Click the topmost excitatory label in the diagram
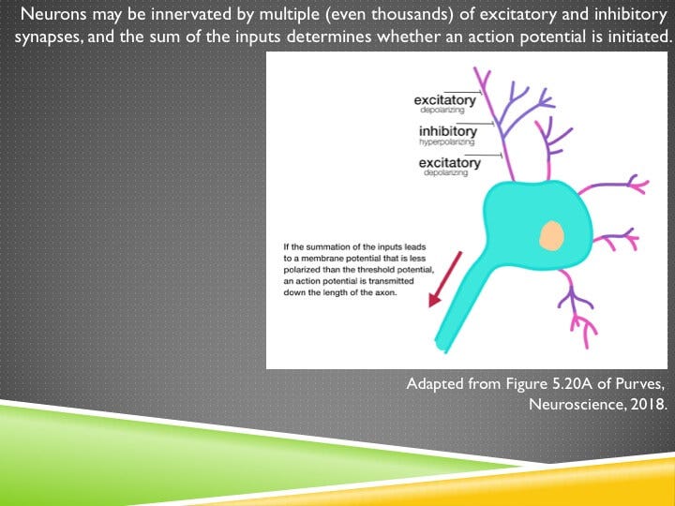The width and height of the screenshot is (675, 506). point(447,100)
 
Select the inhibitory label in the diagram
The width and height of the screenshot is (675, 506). point(448,132)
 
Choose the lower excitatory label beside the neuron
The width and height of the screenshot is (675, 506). point(450,163)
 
